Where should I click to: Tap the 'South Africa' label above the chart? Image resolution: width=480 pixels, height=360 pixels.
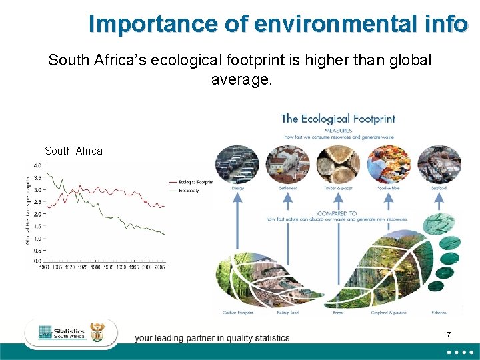point(73,151)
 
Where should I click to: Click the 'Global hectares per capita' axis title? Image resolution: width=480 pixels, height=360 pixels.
point(27,210)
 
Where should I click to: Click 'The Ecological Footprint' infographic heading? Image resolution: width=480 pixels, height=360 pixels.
point(338,119)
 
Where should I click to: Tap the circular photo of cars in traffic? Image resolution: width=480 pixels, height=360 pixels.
point(237,164)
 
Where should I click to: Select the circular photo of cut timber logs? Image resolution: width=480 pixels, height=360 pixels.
point(338,164)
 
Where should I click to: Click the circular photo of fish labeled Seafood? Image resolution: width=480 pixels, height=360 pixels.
point(439,164)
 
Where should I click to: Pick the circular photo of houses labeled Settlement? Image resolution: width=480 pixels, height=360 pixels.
point(288,164)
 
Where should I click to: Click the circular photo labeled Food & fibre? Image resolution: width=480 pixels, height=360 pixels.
point(389,164)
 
